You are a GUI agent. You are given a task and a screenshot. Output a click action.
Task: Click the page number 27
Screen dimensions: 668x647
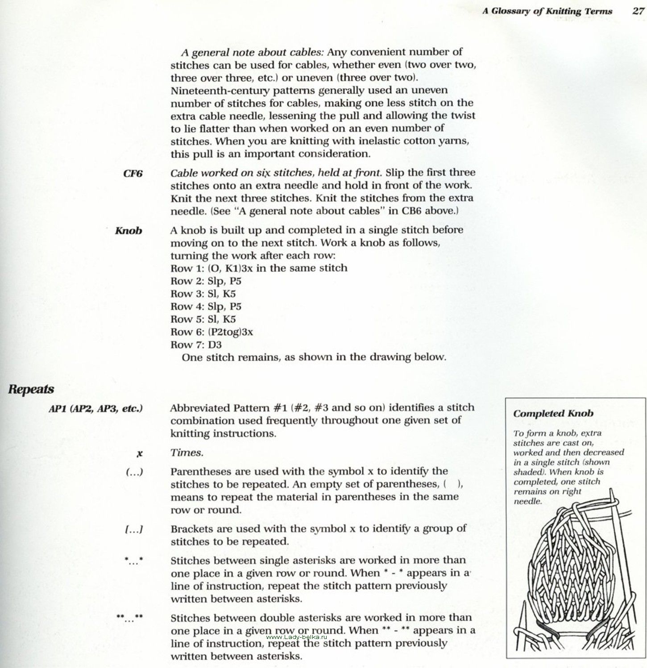coord(638,11)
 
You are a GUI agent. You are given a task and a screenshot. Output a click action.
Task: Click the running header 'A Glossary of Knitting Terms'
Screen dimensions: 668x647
coord(547,11)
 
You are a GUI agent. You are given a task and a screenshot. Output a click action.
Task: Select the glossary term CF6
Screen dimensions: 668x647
coord(133,174)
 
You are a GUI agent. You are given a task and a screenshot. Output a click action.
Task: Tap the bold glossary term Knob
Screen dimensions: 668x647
coord(129,231)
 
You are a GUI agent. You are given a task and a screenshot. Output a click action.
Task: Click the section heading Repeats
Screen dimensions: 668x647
coord(31,389)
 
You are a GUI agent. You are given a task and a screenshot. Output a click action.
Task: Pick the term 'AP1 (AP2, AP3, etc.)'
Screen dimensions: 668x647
coord(95,408)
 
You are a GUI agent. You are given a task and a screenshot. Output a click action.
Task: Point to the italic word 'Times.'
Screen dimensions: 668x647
coord(187,453)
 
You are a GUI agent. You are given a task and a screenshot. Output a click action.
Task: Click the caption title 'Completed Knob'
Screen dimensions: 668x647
coord(553,413)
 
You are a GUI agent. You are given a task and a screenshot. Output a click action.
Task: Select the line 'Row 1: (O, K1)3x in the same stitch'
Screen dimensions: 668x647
coord(259,268)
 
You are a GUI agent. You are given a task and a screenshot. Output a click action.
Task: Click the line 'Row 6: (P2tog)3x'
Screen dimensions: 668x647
coord(212,332)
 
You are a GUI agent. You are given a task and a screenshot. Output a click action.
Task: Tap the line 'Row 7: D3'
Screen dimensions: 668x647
coord(196,344)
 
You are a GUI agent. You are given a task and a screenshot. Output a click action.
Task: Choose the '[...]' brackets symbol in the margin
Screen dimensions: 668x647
coord(134,530)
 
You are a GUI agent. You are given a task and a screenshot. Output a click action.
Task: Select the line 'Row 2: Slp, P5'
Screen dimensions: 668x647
coord(206,281)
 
